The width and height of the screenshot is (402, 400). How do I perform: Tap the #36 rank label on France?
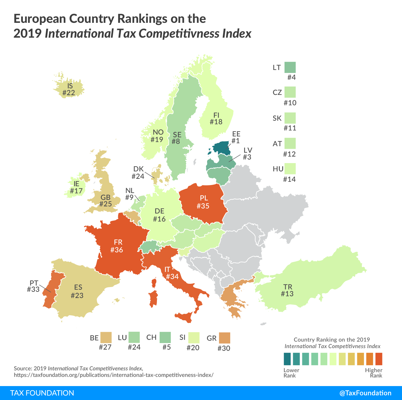coord(117,250)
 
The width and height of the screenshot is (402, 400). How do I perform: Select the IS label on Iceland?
coord(70,86)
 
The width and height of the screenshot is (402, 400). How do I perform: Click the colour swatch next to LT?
coord(290,67)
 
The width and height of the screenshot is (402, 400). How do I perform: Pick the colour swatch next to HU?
coord(290,169)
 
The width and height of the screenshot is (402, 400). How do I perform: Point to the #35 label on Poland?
coord(203,206)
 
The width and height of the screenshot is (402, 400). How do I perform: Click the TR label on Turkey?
coord(288,287)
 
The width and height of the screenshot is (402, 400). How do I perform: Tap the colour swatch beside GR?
coord(224,338)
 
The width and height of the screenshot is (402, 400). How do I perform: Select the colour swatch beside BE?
coord(106,337)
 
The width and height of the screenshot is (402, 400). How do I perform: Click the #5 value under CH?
coord(167,347)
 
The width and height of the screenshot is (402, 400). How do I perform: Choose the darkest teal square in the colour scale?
coord(287,359)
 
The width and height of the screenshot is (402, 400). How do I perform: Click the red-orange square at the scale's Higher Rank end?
coord(379,359)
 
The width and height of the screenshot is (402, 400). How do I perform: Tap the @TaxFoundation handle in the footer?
coord(365,393)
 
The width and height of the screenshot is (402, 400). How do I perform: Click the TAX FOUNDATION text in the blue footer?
coord(42,393)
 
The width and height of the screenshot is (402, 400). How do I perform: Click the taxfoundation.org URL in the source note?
coord(114,375)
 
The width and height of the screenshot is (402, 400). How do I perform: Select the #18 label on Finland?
coord(216,122)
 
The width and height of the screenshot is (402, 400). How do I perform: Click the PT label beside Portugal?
coord(34,283)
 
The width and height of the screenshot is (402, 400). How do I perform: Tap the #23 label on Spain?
coord(77,295)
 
